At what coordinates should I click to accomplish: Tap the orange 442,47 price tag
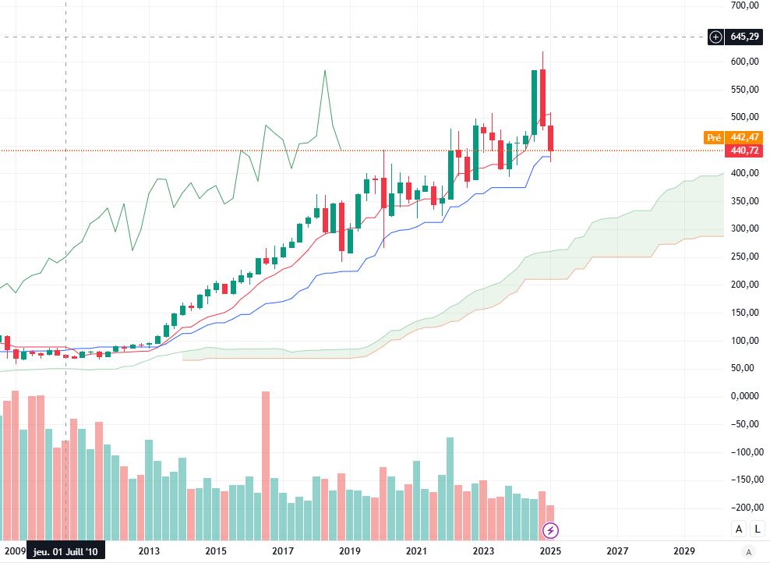coord(745,137)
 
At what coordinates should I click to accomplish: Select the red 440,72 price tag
coord(745,150)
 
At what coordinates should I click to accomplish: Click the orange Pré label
coord(713,137)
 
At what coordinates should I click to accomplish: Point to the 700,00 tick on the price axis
coord(745,5)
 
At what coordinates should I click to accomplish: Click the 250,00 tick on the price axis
coord(745,257)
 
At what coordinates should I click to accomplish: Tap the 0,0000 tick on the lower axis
coord(745,396)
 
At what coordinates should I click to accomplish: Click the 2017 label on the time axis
coord(282,551)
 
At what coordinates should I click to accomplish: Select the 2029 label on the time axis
coord(683,551)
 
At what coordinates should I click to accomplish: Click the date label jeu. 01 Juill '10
coord(65,551)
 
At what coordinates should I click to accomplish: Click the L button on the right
coord(758,529)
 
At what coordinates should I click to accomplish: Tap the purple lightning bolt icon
coord(551,531)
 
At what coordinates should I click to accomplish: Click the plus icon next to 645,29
coord(716,37)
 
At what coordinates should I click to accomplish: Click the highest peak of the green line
coord(324,72)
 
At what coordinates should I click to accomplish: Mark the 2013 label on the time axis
coord(148,551)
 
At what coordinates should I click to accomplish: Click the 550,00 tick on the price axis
coord(745,90)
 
